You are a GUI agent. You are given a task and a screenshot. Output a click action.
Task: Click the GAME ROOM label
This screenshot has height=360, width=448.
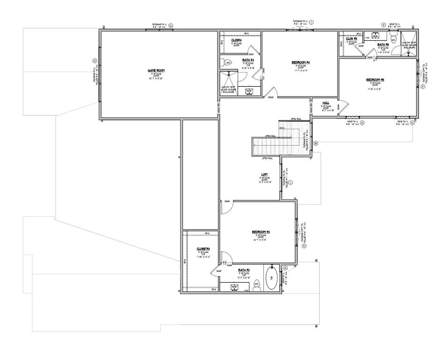pyautogui.click(x=157, y=71)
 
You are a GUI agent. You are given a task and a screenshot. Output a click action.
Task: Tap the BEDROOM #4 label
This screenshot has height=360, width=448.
pyautogui.click(x=300, y=62)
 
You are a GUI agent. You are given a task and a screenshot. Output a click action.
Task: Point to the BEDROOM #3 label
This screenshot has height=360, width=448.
pyautogui.click(x=261, y=232)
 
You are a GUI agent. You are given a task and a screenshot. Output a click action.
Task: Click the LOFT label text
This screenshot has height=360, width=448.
pyautogui.click(x=265, y=174)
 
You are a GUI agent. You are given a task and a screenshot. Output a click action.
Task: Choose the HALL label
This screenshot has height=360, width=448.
pyautogui.click(x=325, y=102)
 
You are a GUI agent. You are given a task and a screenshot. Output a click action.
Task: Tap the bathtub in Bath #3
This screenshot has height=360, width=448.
pyautogui.click(x=271, y=278)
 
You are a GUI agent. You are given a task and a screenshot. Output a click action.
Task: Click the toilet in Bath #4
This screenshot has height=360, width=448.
pyautogui.click(x=228, y=62)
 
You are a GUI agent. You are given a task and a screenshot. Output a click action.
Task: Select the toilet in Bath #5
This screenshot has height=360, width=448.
pyautogui.click(x=394, y=41)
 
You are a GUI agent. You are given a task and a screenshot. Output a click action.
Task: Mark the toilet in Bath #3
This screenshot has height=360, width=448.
pyautogui.click(x=256, y=285)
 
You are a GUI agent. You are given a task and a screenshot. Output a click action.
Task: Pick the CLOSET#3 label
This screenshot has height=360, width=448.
pyautogui.click(x=203, y=248)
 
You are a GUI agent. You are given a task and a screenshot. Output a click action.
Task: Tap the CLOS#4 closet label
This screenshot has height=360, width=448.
pyautogui.click(x=236, y=40)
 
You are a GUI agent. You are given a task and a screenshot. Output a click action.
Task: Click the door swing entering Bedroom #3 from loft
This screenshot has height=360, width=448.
pyautogui.click(x=225, y=207)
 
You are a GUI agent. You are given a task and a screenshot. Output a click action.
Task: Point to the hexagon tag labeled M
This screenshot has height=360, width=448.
pyautogui.click(x=316, y=142)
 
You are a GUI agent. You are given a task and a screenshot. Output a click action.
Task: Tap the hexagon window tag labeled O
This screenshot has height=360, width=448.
pyautogui.click(x=95, y=61)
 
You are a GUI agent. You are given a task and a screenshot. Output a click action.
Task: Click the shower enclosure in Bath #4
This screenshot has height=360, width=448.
pyautogui.click(x=228, y=82)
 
